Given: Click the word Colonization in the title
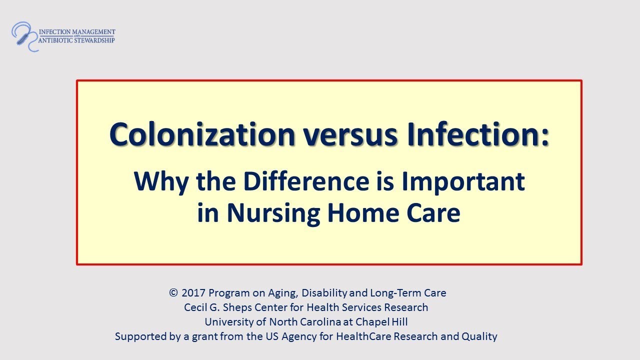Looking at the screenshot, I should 202,134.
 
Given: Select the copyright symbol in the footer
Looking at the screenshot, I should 173,293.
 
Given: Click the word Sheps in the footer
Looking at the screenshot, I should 245,307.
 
